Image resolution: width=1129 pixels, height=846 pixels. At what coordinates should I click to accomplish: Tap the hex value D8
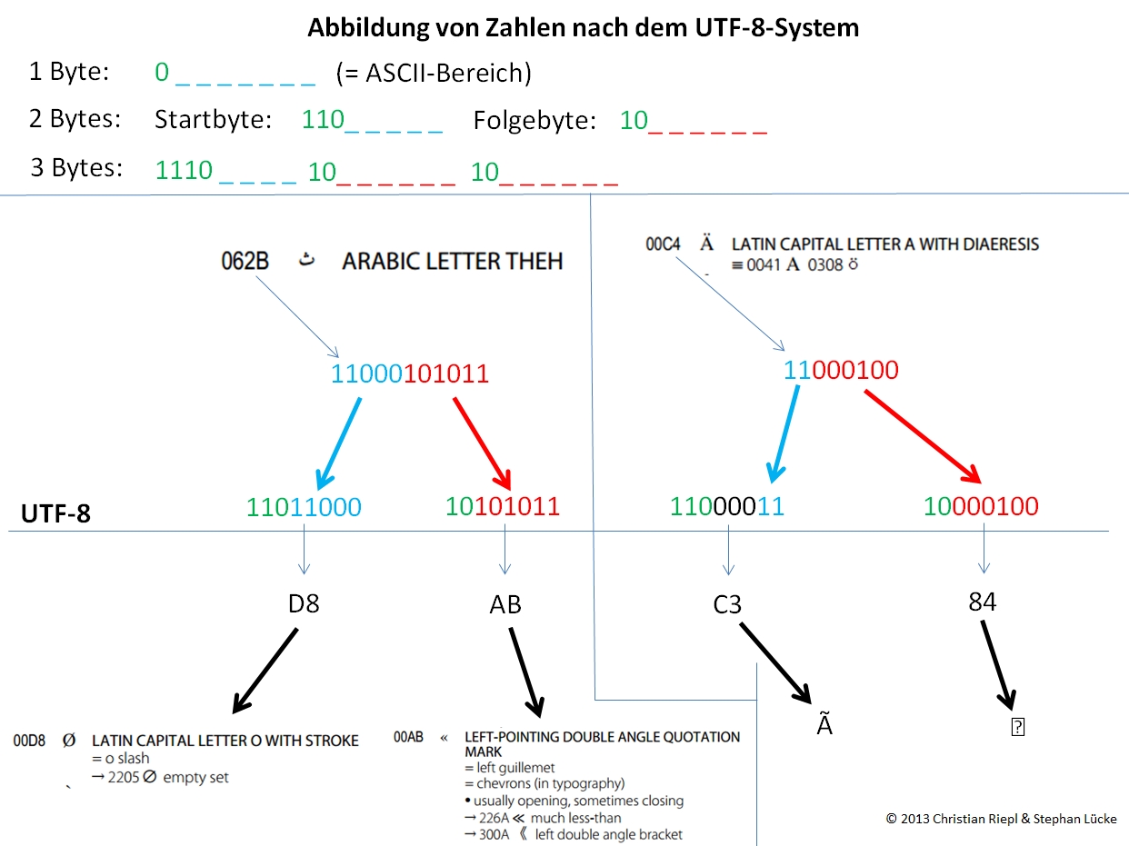click(x=304, y=603)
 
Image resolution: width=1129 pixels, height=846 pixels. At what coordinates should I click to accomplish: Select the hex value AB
click(x=505, y=604)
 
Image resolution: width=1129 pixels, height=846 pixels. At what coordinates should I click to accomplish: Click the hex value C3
click(x=727, y=604)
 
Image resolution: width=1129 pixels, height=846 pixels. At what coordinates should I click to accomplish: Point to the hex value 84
click(x=983, y=601)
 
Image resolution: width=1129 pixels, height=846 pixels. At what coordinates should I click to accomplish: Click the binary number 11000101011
click(x=409, y=373)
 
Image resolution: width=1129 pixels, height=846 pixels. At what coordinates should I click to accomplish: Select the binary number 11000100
click(x=841, y=370)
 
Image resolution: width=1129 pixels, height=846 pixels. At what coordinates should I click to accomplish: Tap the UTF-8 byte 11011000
click(x=304, y=507)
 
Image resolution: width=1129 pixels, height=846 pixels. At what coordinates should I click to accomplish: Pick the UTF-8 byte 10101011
click(x=503, y=507)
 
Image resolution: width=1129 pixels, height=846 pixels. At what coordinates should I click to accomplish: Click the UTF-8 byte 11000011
click(x=727, y=507)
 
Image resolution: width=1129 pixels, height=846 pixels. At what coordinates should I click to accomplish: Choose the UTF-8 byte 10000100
click(x=981, y=506)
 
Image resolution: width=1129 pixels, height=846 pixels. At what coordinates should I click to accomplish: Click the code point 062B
click(x=245, y=262)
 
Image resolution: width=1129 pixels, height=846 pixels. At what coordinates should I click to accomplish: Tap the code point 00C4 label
click(x=663, y=244)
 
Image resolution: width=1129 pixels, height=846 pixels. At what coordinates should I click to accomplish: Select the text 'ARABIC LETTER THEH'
click(x=452, y=262)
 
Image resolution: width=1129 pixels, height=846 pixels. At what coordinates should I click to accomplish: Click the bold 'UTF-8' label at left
click(x=55, y=514)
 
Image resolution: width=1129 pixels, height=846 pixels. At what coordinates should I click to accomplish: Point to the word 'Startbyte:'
click(x=214, y=120)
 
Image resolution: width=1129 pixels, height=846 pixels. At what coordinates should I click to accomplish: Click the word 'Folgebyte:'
click(x=535, y=120)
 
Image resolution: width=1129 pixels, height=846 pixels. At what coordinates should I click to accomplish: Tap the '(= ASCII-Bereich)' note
click(x=433, y=73)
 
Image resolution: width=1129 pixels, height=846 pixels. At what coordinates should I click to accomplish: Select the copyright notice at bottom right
click(x=1001, y=819)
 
